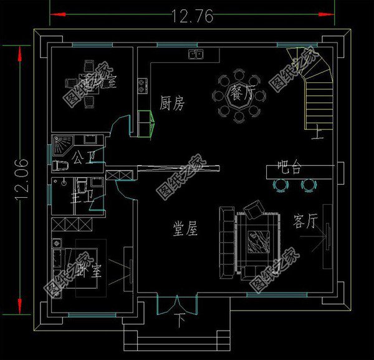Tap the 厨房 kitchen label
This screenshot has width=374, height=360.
(x=172, y=104)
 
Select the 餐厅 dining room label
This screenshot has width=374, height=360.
(x=239, y=95)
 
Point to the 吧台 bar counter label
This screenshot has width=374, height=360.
(x=289, y=168)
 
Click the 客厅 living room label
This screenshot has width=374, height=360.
(x=305, y=221)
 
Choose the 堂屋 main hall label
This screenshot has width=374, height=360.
(x=185, y=230)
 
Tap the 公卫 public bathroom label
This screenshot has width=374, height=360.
(x=84, y=155)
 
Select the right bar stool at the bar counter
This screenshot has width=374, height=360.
(x=309, y=184)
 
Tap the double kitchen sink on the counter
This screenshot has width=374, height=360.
(x=196, y=55)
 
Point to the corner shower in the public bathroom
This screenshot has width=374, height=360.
(x=61, y=145)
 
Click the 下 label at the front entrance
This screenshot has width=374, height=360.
(x=180, y=323)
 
